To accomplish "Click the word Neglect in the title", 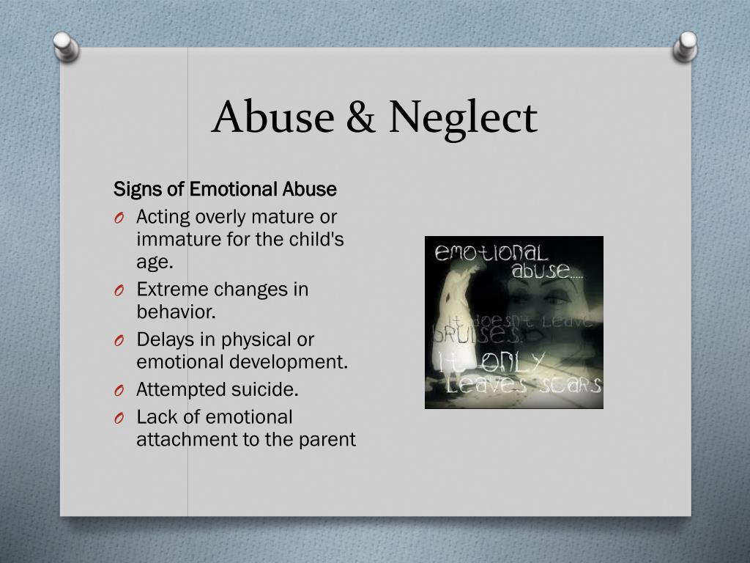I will [463, 117].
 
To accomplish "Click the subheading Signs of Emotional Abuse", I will [225, 190].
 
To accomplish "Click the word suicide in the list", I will [265, 389].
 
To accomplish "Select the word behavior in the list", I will [175, 312].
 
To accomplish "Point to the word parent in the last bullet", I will [329, 440].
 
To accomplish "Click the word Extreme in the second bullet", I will [166, 290].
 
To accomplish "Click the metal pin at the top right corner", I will [685, 45].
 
